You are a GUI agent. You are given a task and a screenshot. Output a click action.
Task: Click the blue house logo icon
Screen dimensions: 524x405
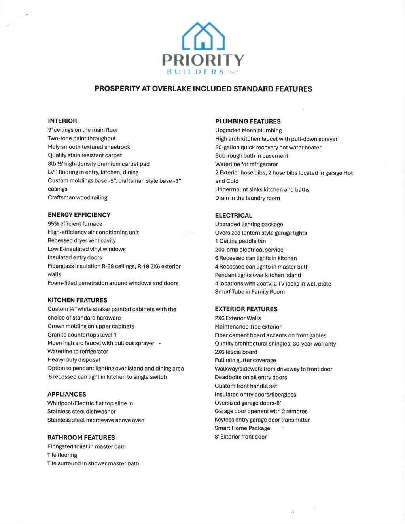point(203,36)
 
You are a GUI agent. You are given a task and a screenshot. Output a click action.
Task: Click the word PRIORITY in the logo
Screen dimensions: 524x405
point(203,60)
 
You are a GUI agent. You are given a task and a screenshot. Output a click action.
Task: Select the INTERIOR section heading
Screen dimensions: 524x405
point(62,121)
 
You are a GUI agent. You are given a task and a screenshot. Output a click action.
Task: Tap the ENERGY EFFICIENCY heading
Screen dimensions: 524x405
point(79,215)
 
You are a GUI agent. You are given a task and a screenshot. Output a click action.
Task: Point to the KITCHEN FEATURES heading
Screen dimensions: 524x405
point(78,300)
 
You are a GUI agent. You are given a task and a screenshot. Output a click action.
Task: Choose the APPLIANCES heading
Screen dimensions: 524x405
point(67,394)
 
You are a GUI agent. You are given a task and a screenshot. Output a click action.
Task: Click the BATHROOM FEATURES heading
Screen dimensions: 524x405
point(81,437)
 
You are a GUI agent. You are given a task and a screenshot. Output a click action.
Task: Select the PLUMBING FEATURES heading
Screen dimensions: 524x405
point(248,121)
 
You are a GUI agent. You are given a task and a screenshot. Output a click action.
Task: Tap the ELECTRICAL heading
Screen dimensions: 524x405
point(233,216)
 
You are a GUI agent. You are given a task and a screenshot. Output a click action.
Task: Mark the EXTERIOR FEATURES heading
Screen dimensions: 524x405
point(246,309)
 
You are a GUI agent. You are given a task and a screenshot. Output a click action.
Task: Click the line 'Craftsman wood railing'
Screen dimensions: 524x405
point(78,198)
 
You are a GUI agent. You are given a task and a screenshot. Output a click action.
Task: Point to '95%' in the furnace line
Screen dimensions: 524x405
point(53,224)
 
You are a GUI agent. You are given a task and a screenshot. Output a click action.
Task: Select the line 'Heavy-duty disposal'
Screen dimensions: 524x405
point(74,360)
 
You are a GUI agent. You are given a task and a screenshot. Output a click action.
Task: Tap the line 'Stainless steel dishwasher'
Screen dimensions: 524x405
point(81,412)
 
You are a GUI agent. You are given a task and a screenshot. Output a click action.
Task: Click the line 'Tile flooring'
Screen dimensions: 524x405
point(62,455)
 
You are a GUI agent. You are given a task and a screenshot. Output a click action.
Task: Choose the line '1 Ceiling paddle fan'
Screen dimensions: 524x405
point(240,241)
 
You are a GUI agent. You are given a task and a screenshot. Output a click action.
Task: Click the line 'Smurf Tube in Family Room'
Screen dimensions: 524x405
point(250,292)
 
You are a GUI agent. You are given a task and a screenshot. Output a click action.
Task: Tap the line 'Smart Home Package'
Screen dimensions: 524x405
point(242,428)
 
